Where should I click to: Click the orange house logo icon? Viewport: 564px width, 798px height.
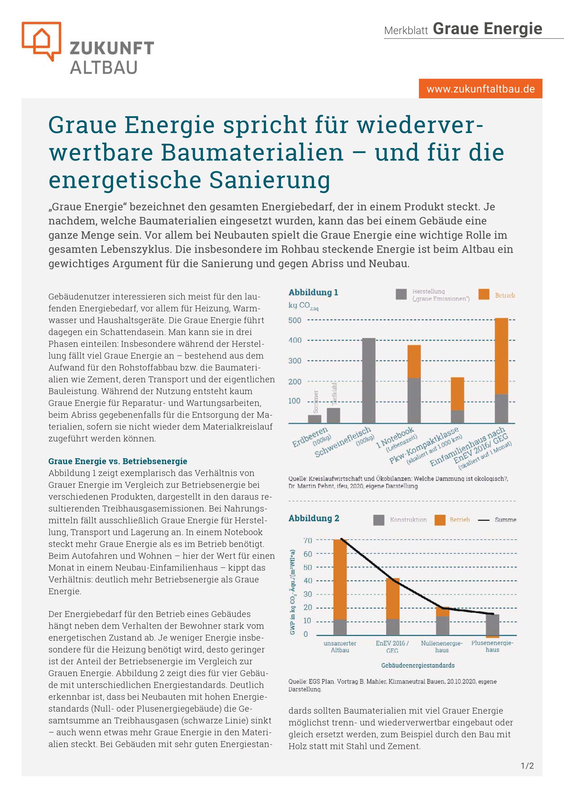[41, 41]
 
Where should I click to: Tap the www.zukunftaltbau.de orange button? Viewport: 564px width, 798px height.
[480, 89]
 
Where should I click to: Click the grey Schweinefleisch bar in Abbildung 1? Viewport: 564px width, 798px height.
[369, 380]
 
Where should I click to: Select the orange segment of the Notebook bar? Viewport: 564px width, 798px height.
[414, 361]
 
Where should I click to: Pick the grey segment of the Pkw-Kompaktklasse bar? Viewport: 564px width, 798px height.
[457, 416]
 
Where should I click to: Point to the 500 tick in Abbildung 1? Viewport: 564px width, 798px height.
[295, 320]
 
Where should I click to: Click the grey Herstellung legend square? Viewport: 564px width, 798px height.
[401, 294]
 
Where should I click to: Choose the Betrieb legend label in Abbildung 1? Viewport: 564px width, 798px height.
[505, 295]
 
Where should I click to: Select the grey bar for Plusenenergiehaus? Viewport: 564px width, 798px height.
[492, 624]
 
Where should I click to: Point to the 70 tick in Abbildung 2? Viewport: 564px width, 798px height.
[308, 541]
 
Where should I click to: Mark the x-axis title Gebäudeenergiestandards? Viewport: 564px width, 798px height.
[418, 666]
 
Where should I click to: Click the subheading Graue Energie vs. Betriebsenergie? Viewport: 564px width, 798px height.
[117, 461]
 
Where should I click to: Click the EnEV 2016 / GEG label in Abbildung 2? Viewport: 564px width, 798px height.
[392, 647]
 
